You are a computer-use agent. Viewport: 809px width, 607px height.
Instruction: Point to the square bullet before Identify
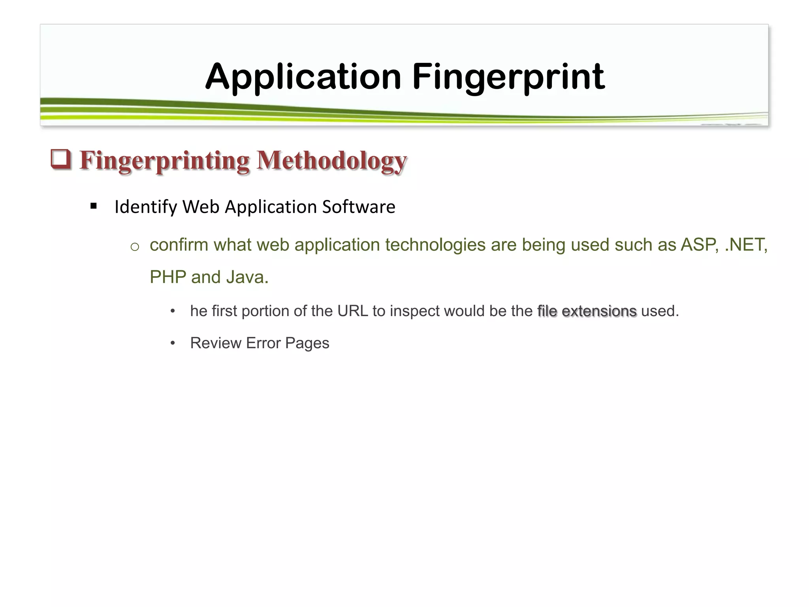pyautogui.click(x=94, y=206)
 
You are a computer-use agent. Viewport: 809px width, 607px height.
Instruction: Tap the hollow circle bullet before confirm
pyautogui.click(x=135, y=247)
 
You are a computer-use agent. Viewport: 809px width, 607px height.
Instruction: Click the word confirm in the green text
pyautogui.click(x=179, y=245)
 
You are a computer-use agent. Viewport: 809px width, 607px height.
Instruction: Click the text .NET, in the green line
pyautogui.click(x=746, y=245)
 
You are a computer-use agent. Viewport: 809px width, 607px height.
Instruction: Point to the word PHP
pyautogui.click(x=168, y=277)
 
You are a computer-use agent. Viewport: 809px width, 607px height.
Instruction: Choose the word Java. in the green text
pyautogui.click(x=247, y=277)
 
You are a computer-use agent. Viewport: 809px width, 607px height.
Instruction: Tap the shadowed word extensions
pyautogui.click(x=599, y=311)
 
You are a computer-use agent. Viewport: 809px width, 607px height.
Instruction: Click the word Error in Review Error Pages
pyautogui.click(x=263, y=343)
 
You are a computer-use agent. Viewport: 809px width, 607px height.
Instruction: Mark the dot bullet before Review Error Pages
pyautogui.click(x=173, y=343)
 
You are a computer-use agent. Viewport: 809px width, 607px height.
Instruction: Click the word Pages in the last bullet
pyautogui.click(x=307, y=343)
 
